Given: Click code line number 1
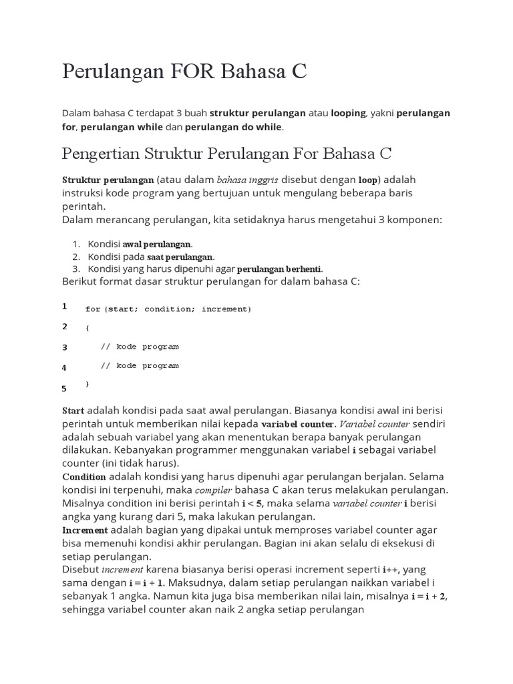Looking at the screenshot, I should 65,307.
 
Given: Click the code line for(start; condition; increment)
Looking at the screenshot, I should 168,309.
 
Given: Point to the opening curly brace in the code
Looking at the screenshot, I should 88,328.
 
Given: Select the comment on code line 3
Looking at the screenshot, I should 140,347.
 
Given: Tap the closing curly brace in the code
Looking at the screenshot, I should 88,384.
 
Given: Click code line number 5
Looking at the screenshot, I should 65,388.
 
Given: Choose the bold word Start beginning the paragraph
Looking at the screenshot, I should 73,410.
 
